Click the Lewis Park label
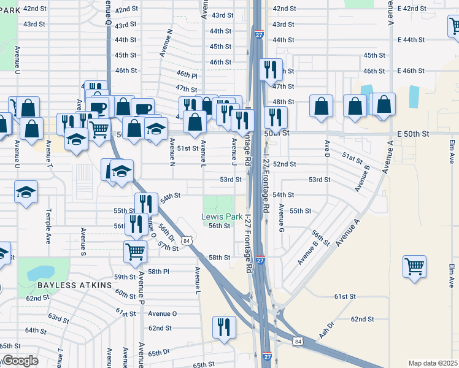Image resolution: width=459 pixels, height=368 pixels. [x=218, y=217]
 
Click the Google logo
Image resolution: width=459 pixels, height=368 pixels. [x=20, y=361]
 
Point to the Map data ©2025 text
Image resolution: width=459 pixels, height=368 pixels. [x=433, y=363]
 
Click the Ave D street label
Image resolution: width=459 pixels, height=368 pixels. [x=327, y=150]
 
